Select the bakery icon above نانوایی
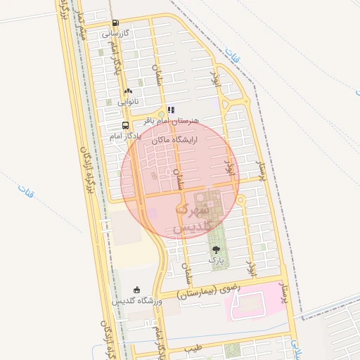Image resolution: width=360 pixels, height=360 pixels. [127, 91]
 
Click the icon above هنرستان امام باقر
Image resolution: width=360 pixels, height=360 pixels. [171, 110]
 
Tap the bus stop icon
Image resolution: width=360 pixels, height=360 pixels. [125, 126]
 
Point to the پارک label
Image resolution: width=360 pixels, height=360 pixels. [215, 259]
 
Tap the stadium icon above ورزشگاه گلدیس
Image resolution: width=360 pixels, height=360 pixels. [136, 290]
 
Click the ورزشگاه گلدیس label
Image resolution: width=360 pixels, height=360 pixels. [136, 301]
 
